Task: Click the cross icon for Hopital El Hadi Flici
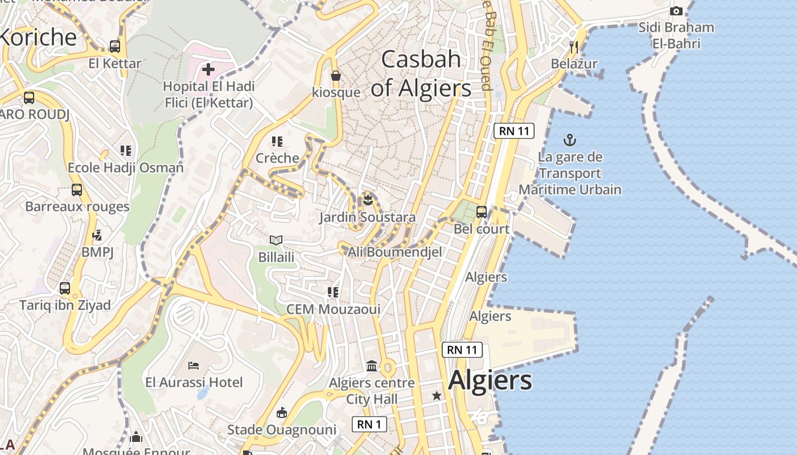point(208,69)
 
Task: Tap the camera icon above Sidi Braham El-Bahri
point(676,11)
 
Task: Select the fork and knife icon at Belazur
point(574,47)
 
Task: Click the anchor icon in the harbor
point(569,139)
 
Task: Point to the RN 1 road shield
point(369,424)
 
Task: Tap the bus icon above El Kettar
point(115,46)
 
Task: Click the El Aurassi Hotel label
point(194,382)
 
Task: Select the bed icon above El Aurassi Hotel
point(194,365)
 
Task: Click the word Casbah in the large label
point(421,59)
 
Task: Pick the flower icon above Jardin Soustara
point(368,200)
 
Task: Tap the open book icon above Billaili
point(276,240)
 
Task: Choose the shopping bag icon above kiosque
point(336,75)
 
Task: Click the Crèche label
point(277,158)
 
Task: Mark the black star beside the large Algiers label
point(437,395)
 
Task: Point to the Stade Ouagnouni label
point(282,430)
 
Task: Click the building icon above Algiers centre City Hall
point(372,366)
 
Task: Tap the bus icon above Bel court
point(482,212)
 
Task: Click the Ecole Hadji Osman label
point(126,168)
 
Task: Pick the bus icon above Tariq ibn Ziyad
point(65,288)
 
